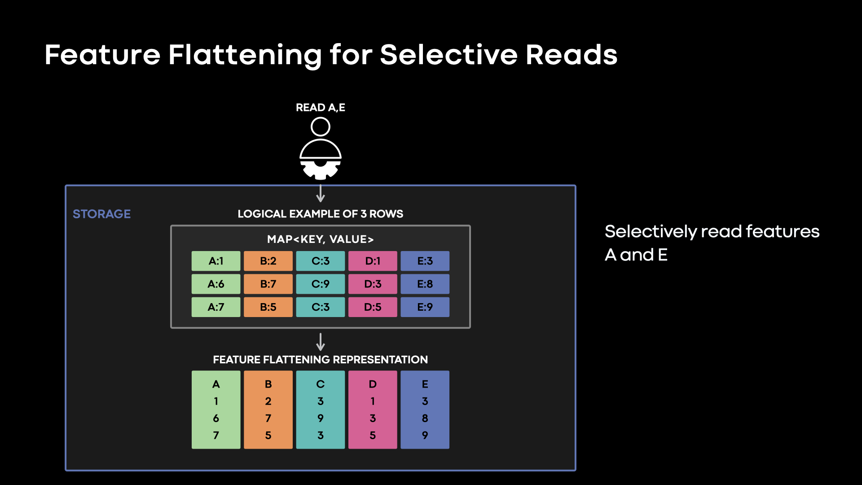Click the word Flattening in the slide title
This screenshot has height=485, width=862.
point(245,55)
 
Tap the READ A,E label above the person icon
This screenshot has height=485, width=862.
point(320,108)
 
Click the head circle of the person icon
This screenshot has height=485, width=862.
point(320,127)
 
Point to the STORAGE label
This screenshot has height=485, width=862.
point(101,214)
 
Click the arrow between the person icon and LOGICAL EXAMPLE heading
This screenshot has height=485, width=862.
point(320,193)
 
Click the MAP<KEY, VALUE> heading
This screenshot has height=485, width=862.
point(320,239)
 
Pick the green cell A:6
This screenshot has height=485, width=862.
point(216,284)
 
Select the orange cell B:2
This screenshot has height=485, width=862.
point(268,261)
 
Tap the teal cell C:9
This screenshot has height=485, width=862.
point(320,284)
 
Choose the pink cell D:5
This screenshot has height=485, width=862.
point(373,307)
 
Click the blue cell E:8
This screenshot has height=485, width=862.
point(425,284)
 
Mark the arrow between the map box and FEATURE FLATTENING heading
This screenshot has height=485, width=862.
point(320,342)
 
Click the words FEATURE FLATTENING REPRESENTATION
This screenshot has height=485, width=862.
point(320,360)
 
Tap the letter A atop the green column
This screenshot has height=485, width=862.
point(216,384)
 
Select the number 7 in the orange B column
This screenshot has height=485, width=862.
point(268,419)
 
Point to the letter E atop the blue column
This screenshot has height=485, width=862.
point(425,384)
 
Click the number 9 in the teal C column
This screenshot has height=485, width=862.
point(320,419)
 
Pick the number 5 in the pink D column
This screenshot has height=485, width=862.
point(373,436)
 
